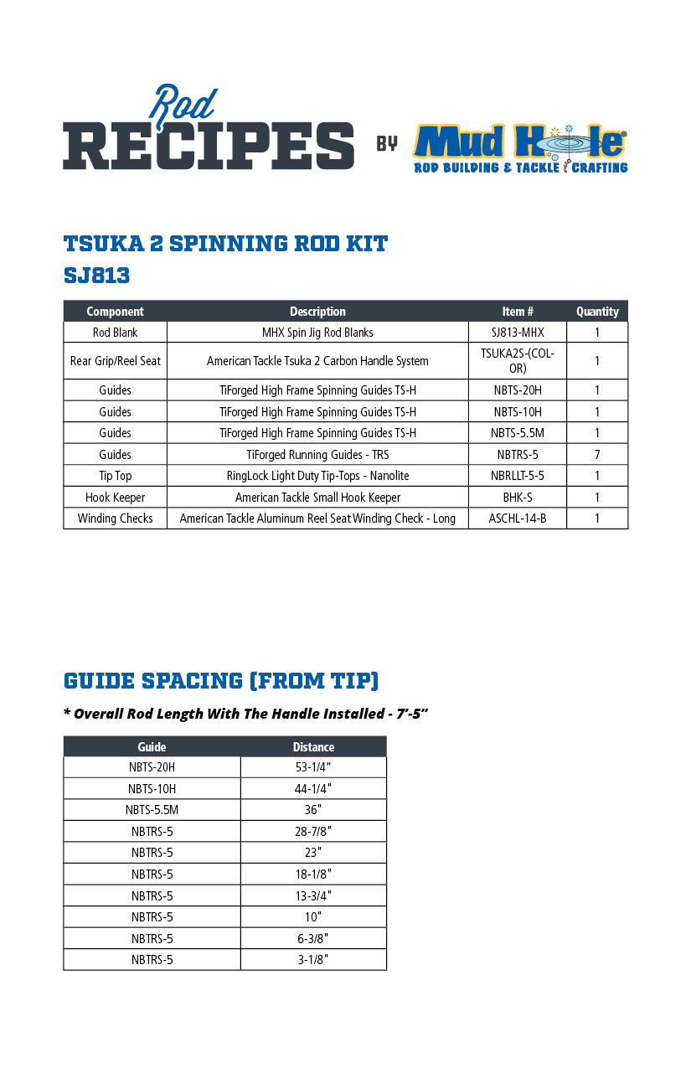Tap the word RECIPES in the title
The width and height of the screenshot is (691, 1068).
pos(209,145)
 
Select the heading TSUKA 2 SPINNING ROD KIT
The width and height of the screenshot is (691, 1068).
pos(225,244)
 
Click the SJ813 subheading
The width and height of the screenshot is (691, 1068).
pos(96,276)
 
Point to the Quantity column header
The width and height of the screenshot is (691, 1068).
pos(596,312)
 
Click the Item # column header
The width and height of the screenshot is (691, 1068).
pos(518,312)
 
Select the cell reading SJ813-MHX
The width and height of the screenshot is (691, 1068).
pos(518,333)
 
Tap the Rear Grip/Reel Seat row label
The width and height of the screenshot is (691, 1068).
pos(116,361)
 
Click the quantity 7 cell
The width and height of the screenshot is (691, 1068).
pos(596,455)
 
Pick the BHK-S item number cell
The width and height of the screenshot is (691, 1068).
pos(518,498)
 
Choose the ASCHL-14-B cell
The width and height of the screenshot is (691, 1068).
pos(518,519)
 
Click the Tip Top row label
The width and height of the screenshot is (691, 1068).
pos(116,476)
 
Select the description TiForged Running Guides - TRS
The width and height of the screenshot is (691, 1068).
pos(317,455)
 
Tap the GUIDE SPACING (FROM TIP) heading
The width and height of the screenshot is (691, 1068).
pos(221,680)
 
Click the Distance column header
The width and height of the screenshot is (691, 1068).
pos(313,747)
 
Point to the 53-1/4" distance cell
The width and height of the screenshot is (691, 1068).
pos(313,767)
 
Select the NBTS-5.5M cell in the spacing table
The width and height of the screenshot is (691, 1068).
pos(152,810)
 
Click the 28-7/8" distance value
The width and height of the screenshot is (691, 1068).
pos(313,832)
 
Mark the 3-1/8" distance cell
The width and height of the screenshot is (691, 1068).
pos(313,960)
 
